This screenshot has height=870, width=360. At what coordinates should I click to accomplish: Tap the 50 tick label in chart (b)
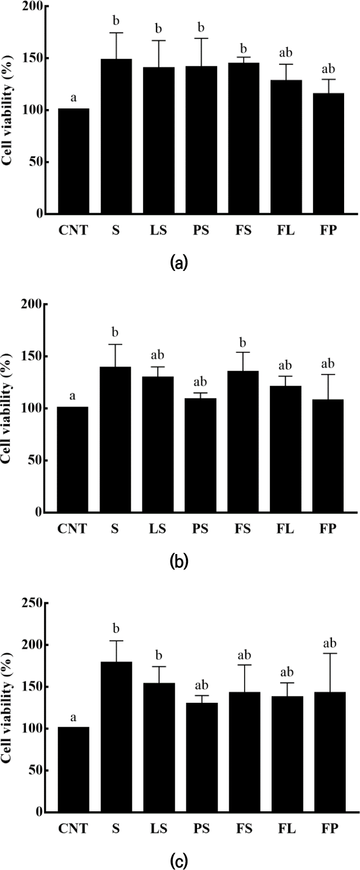tap(35, 460)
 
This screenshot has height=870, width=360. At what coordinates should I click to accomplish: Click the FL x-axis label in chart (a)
tap(286, 231)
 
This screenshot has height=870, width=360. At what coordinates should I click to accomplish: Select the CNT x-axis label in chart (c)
tap(73, 828)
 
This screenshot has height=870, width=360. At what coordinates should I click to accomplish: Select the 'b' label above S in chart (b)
tap(115, 332)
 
